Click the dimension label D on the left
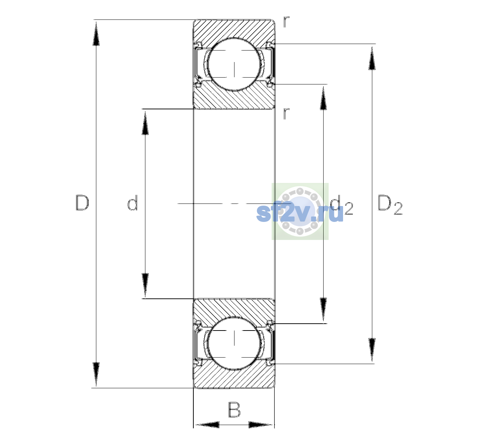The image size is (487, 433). (82, 202)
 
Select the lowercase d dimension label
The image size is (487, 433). (133, 202)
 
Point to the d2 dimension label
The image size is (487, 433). (342, 205)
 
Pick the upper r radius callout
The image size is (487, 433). (286, 22)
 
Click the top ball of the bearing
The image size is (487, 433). (234, 64)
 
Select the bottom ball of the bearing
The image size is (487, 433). (234, 343)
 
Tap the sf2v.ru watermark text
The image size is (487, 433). (300, 212)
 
